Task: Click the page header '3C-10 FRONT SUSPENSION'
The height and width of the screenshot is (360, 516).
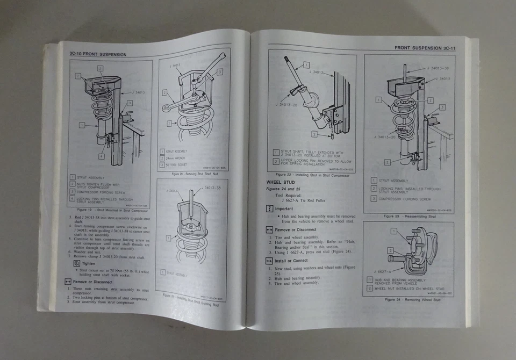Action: coord(98,54)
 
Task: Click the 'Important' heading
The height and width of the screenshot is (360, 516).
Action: coord(284,208)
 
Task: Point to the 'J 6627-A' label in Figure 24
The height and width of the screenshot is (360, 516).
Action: coord(381,272)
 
